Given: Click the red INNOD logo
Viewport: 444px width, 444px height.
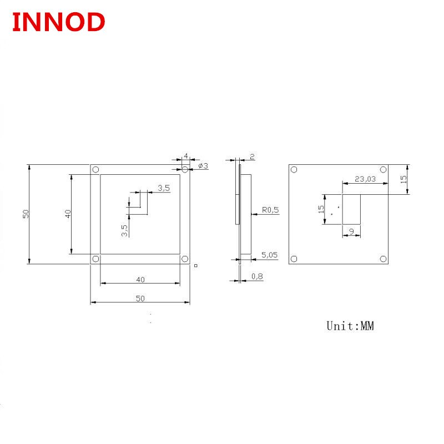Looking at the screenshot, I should coord(58,22).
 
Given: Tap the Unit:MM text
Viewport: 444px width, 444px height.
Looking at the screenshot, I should coord(350,326).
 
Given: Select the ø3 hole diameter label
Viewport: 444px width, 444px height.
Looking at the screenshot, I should coord(203,166).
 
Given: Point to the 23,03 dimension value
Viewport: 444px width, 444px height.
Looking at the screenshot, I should coord(365,179).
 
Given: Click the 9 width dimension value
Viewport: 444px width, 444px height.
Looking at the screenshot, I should coord(351,231).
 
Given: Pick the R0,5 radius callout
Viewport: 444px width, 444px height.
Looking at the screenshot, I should coord(270,210).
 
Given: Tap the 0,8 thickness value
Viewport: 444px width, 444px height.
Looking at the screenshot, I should coord(257,276).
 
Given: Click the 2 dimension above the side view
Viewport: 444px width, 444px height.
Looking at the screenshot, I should coord(252,157).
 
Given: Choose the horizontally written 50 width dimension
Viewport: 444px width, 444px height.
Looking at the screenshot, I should coord(140,298).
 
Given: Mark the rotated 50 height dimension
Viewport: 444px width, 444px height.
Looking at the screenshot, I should coord(26,214).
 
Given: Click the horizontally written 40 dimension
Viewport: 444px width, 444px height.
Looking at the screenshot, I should coord(140,279).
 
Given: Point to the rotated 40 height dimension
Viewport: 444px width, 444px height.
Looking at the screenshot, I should coord(68,213).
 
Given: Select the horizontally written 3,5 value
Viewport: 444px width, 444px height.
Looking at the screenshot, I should coord(164,188).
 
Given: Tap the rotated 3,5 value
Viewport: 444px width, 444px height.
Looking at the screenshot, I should coord(125,230).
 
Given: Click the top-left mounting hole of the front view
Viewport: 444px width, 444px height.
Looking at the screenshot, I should coord(95,169).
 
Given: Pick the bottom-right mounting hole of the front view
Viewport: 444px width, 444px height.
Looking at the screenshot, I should coord(185,259).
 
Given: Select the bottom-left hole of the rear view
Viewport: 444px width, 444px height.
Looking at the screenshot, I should coord(294,258).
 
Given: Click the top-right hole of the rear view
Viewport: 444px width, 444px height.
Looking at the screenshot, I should coord(382,170).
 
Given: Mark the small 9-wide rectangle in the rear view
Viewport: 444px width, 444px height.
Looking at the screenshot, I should coord(351,209).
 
